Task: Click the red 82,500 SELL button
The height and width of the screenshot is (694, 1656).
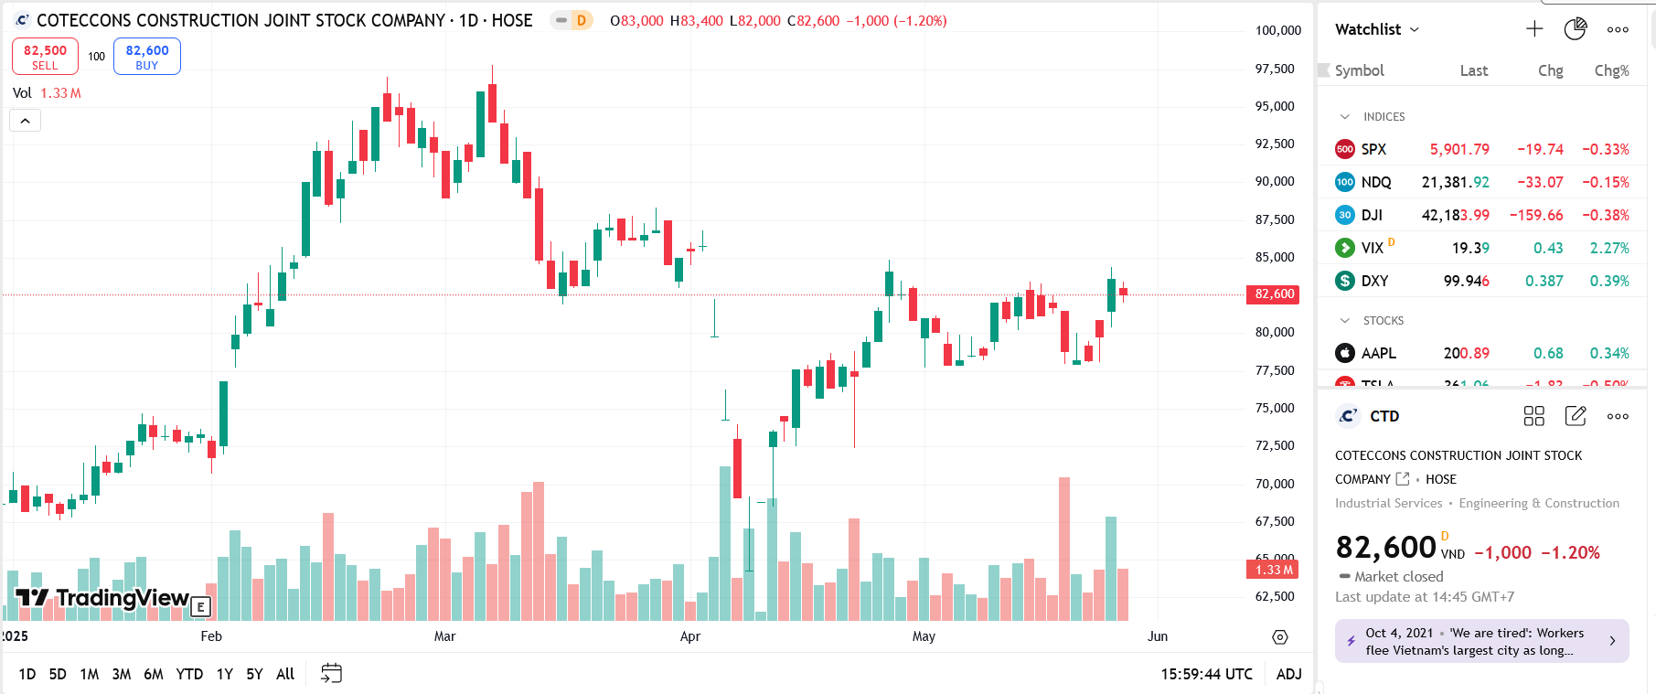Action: [x=45, y=57]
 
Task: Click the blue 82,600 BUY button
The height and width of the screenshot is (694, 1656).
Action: [x=146, y=57]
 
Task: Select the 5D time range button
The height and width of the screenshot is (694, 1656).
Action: [x=58, y=674]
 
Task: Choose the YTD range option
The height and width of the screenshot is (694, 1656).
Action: [x=189, y=674]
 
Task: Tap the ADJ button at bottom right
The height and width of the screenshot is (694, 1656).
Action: [x=1288, y=674]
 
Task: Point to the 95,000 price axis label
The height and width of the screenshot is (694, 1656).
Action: [x=1275, y=106]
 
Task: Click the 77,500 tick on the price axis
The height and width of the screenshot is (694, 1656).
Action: [x=1275, y=370]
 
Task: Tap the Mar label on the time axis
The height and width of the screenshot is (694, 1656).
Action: [x=444, y=636]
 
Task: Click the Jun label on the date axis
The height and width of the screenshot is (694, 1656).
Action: [x=1158, y=636]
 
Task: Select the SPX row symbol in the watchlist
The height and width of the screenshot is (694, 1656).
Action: [x=1373, y=149]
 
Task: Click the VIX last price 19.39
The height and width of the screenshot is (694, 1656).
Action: [x=1470, y=248]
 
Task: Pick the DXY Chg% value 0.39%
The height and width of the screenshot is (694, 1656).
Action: [x=1609, y=281]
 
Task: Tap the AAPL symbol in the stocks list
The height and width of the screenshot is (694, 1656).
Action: [x=1378, y=353]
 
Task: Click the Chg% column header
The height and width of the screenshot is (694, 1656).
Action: [x=1611, y=70]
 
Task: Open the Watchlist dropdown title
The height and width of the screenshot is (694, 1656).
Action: [x=1376, y=29]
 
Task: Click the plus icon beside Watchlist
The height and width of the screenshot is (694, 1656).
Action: [x=1534, y=29]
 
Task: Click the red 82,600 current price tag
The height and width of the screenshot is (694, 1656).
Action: [x=1273, y=294]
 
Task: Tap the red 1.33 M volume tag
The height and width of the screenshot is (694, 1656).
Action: [x=1273, y=570]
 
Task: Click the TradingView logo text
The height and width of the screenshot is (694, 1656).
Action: [x=122, y=598]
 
